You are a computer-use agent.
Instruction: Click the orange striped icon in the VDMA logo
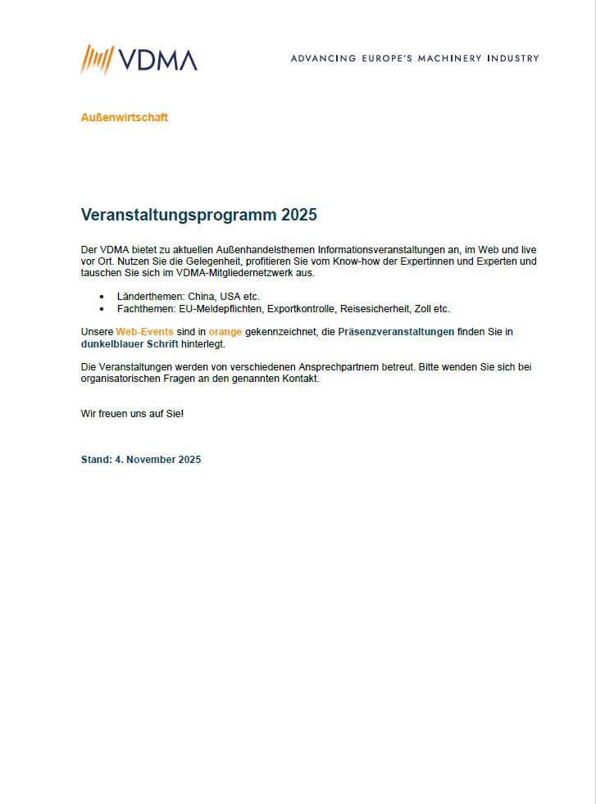[x=96, y=59]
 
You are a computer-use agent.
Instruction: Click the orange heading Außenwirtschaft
[x=124, y=117]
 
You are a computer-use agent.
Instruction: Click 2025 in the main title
[x=298, y=216]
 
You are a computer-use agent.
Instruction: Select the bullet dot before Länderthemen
[x=102, y=296]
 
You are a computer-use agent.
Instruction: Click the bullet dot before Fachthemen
[x=102, y=309]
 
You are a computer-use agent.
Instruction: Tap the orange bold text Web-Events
[x=144, y=331]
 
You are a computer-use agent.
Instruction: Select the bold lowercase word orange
[x=225, y=331]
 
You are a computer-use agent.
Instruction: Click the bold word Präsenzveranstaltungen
[x=396, y=331]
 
